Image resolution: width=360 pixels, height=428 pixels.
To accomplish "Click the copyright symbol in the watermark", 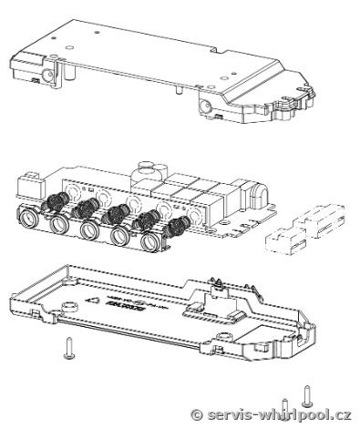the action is (x=197, y=414).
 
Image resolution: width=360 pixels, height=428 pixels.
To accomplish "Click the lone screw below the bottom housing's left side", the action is (x=69, y=348).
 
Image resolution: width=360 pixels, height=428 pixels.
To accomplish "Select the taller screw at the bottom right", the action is (x=307, y=396).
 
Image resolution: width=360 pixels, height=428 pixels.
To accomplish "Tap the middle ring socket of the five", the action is (x=89, y=229).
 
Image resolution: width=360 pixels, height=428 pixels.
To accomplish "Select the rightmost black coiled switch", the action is (x=177, y=227).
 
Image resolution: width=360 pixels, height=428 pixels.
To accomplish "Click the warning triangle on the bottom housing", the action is (x=92, y=301).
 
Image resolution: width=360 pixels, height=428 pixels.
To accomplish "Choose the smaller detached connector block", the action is (x=286, y=240).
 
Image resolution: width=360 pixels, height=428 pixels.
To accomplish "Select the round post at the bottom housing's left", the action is (x=69, y=307).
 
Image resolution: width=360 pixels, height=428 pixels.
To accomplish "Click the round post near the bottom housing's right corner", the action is (x=225, y=336).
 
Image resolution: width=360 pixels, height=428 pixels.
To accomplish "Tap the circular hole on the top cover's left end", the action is (x=48, y=75).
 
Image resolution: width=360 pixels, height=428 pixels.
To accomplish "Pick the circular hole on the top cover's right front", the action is (x=205, y=107).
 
